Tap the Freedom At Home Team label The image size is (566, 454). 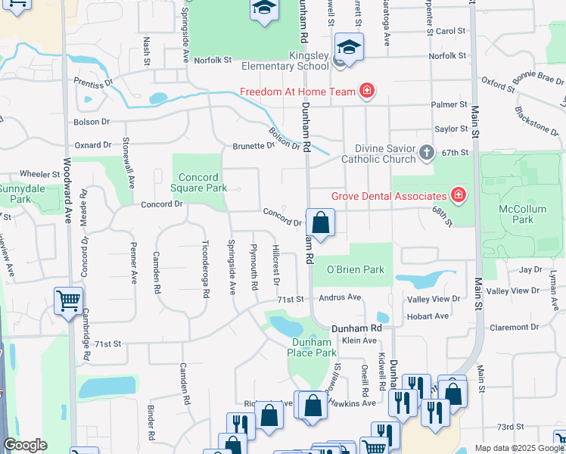point(297,92)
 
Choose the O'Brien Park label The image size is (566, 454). point(355,269)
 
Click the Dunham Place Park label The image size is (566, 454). point(314,347)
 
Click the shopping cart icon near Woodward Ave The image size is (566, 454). point(68,300)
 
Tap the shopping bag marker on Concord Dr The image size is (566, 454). point(320,222)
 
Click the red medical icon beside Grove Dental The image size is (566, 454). point(458,196)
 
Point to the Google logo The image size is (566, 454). point(25,446)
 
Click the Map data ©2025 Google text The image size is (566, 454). point(518,448)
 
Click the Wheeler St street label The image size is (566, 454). point(40,173)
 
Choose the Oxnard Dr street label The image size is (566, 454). point(93,145)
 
